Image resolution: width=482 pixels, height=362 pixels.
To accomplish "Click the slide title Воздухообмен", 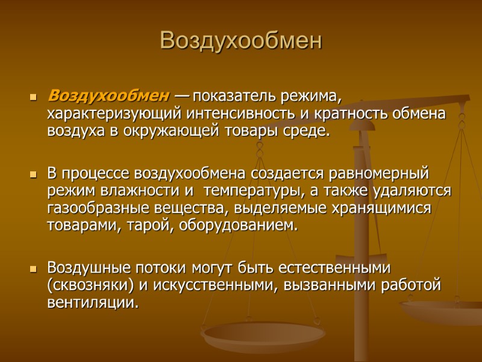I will (241, 40).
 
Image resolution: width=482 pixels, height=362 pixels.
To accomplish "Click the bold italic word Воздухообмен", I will (108, 95).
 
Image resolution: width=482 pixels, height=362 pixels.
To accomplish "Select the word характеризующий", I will (115, 113).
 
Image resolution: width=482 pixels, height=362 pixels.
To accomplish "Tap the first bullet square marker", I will (33, 97).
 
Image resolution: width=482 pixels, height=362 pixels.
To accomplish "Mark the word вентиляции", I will (92, 302).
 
